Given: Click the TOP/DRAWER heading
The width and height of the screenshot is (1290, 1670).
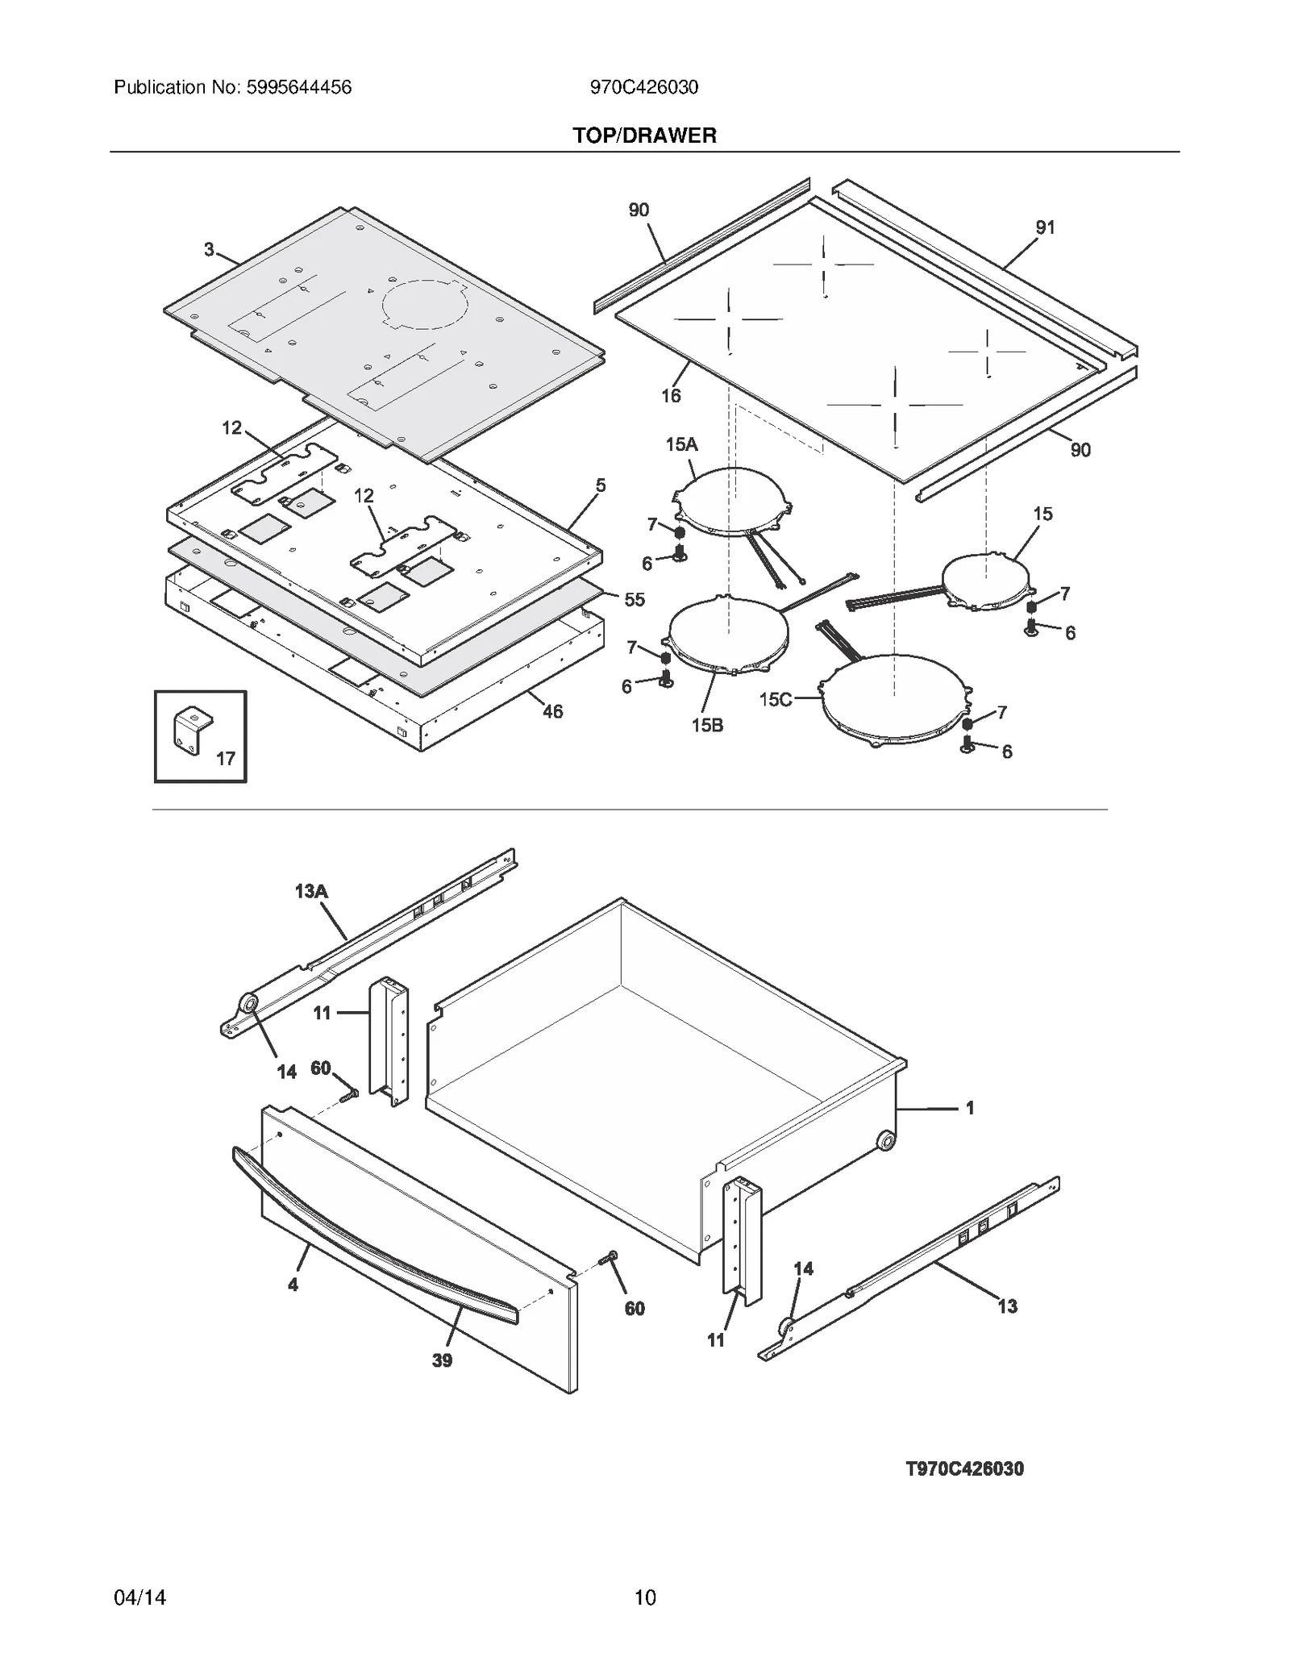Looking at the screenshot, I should click(x=644, y=135).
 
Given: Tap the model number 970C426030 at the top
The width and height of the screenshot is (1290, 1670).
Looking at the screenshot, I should click(x=644, y=87).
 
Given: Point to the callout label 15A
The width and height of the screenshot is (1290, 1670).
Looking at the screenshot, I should click(x=681, y=444).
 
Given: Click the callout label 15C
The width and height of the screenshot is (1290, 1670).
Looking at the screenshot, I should click(x=775, y=699).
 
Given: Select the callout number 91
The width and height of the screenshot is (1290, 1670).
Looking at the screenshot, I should click(x=1045, y=227).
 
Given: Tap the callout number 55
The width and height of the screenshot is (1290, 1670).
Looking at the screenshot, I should click(x=635, y=599).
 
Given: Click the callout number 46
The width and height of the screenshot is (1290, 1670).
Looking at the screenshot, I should click(x=552, y=711).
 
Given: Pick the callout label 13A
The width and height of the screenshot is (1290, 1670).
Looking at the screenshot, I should click(x=311, y=891).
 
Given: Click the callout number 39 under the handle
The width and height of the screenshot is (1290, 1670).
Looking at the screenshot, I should click(x=442, y=1360).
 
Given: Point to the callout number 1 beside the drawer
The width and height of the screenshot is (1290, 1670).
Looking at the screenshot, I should click(x=970, y=1108).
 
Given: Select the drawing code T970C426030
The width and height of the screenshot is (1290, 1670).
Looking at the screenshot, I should click(x=964, y=1468).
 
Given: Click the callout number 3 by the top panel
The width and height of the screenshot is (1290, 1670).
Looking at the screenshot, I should click(x=209, y=250).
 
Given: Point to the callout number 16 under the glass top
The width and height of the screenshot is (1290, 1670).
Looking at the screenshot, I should click(x=671, y=395).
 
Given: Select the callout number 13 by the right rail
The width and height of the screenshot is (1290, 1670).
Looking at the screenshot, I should click(x=1007, y=1306).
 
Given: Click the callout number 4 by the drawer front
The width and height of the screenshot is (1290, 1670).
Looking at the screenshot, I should click(x=293, y=1285).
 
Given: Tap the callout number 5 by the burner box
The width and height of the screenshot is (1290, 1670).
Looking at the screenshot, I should click(x=601, y=485).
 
